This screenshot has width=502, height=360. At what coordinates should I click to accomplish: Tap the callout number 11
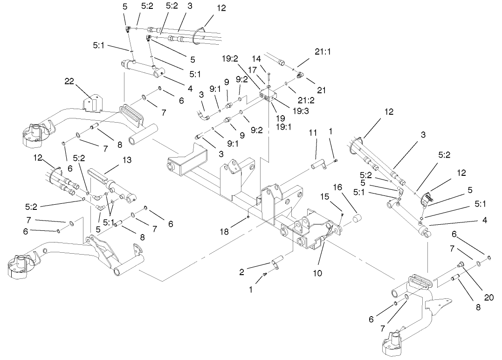312,133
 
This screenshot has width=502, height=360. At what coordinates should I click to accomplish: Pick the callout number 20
488,297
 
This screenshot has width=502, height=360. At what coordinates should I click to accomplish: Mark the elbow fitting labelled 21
301,74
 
